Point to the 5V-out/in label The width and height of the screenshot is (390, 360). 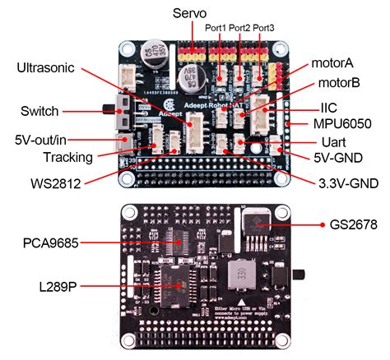click(x=45, y=141)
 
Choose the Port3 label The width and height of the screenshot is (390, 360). click(x=264, y=29)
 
